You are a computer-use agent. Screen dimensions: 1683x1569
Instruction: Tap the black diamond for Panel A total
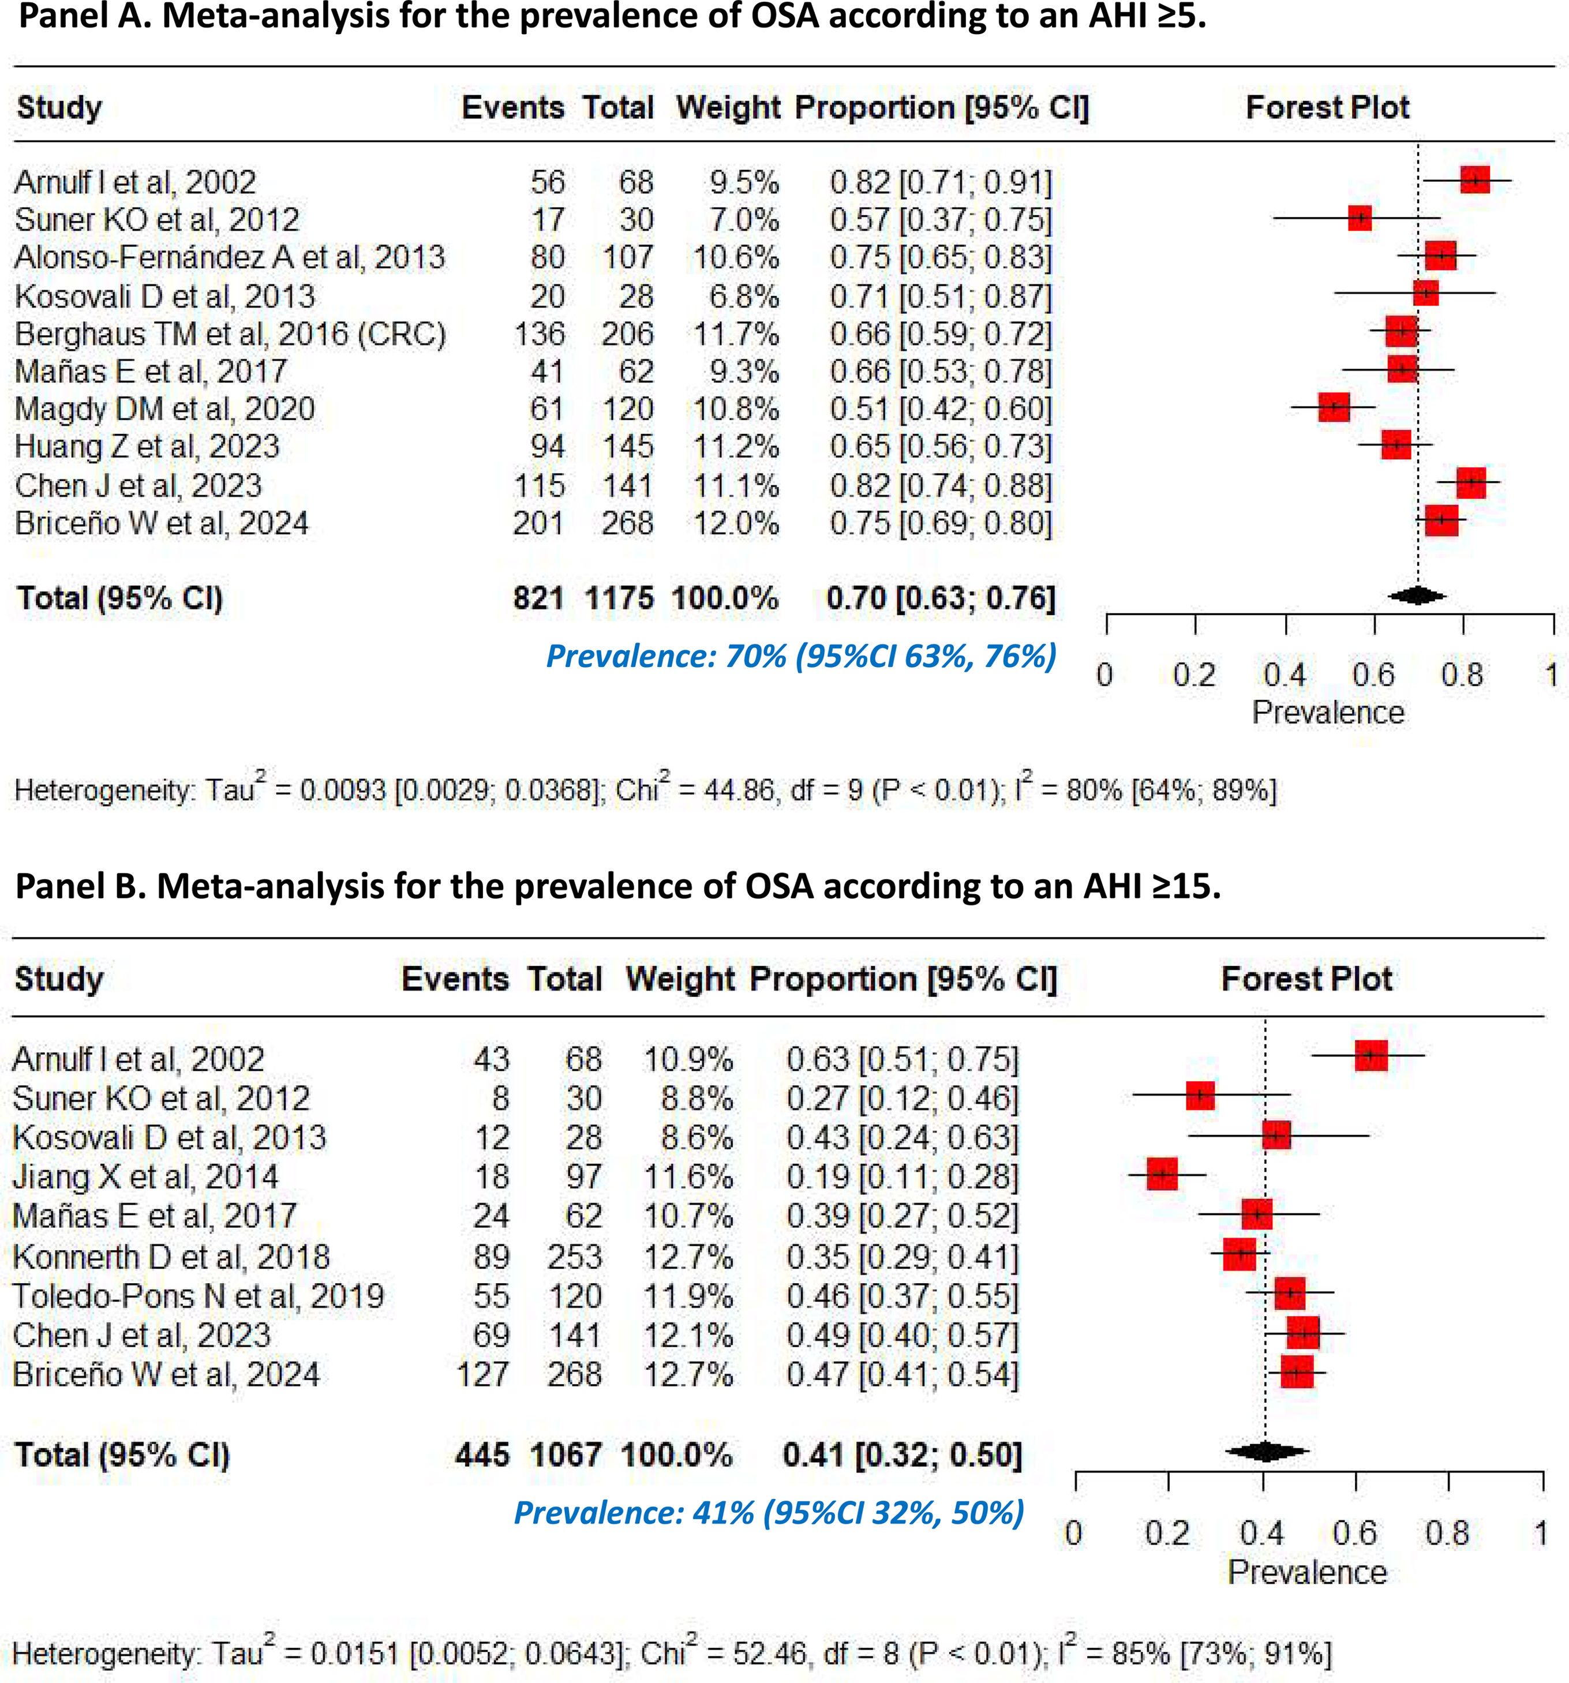tap(1417, 596)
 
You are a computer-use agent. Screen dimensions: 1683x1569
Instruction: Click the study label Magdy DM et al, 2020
tap(165, 410)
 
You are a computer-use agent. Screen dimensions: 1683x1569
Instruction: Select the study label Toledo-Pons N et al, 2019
tap(198, 1296)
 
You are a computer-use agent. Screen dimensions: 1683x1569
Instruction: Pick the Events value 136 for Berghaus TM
tap(540, 333)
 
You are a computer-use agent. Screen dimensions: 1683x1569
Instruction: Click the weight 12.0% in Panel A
tap(736, 523)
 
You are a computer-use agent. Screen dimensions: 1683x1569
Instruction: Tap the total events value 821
tap(538, 598)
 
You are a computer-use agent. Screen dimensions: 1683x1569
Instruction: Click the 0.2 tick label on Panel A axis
tap(1194, 674)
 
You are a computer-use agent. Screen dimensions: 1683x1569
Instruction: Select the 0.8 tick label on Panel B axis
tap(1447, 1533)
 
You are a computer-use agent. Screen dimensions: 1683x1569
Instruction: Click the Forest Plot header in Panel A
tap(1327, 107)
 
